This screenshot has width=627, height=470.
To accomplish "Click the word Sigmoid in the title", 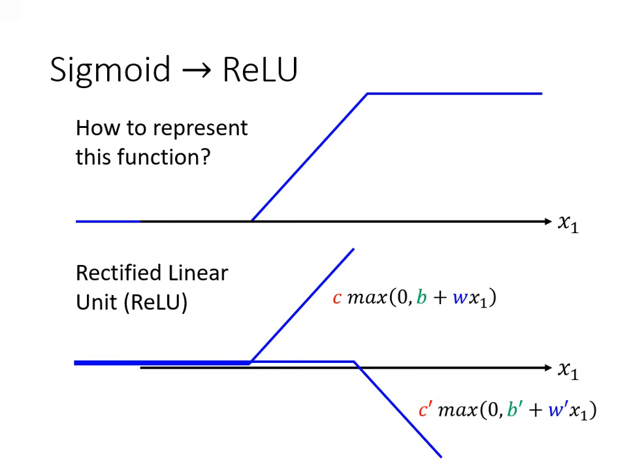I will pyautogui.click(x=110, y=69).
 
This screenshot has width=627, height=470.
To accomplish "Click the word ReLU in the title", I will pyautogui.click(x=259, y=69).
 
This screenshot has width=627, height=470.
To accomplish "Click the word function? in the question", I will pyautogui.click(x=163, y=157).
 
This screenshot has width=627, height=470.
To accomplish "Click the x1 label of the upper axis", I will pyautogui.click(x=568, y=223).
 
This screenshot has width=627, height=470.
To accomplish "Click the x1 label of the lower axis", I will pyautogui.click(x=568, y=370).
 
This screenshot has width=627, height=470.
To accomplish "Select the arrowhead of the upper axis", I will pyautogui.click(x=547, y=222).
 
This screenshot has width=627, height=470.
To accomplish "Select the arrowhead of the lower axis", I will pyautogui.click(x=547, y=368).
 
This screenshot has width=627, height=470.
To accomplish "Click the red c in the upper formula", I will pyautogui.click(x=337, y=298).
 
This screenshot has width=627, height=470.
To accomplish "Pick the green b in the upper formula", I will pyautogui.click(x=421, y=298).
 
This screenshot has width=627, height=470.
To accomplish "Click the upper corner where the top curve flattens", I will pyautogui.click(x=368, y=94).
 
